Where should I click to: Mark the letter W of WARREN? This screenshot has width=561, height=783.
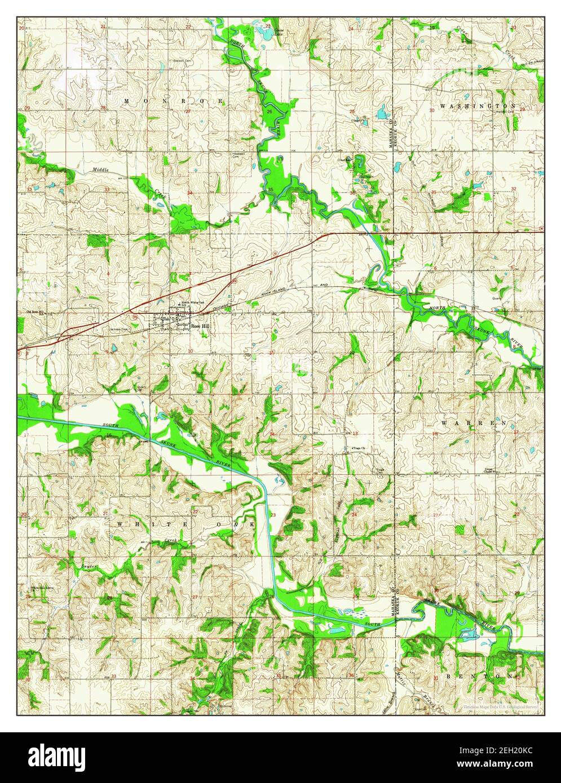(445, 422)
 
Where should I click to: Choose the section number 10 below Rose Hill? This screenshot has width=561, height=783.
(191, 351)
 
